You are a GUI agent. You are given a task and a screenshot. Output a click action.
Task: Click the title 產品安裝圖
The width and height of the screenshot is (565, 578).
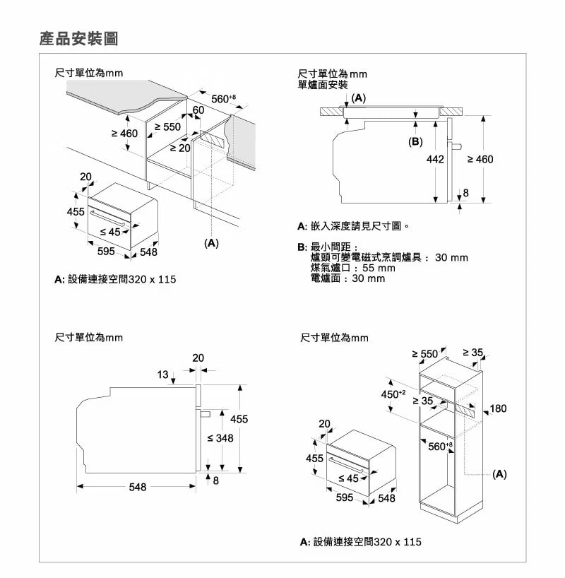[78, 38]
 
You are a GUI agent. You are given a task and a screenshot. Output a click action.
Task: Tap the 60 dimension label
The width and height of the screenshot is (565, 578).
[198, 111]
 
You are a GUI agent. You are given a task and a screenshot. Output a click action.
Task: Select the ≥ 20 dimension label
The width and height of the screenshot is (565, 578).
[180, 148]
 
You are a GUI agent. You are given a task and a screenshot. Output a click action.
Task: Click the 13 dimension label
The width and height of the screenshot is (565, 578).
[163, 374]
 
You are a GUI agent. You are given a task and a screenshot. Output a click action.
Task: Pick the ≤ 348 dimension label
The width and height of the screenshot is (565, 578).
[220, 439]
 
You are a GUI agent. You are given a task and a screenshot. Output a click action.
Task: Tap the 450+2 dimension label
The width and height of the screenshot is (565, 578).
[393, 394]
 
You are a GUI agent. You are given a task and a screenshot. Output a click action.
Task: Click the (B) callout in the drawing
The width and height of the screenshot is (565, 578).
[415, 142]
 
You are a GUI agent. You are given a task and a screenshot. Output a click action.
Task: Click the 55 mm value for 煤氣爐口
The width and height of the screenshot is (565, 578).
[379, 269]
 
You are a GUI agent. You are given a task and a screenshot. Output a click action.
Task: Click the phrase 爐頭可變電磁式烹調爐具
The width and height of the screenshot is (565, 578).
[367, 258]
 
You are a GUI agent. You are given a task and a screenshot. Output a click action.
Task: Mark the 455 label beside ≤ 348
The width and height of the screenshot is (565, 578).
[239, 420]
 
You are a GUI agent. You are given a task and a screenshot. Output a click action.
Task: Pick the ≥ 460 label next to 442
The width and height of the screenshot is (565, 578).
[480, 160]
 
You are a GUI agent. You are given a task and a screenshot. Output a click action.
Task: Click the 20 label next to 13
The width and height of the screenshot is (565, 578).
[198, 358]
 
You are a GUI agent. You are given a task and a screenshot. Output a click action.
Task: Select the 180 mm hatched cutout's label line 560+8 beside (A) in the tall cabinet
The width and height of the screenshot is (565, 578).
[437, 446]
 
